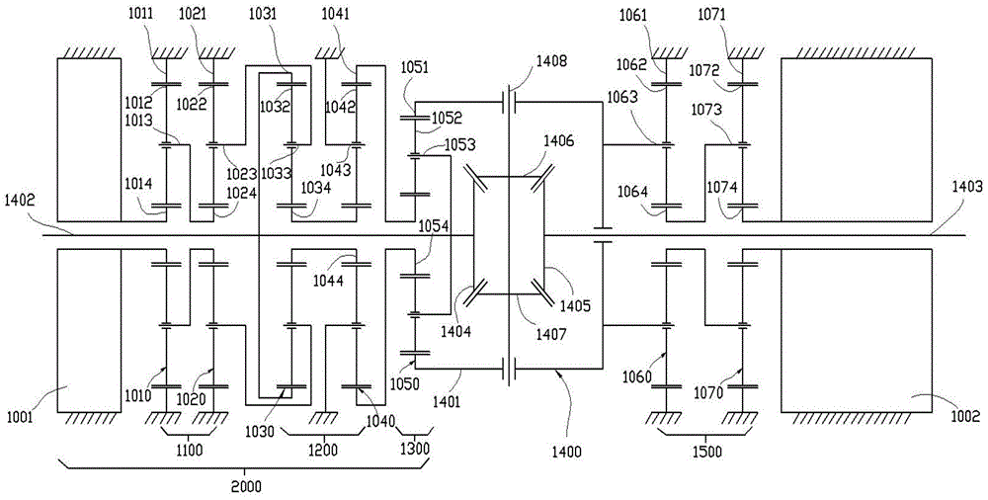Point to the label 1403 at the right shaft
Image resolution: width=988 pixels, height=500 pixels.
point(967,185)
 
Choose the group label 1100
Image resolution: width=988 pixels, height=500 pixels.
point(189,451)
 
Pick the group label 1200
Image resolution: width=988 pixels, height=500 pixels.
point(323,451)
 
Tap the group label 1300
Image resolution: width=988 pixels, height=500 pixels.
point(414,451)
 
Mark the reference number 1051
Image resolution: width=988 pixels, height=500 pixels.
point(415,66)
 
